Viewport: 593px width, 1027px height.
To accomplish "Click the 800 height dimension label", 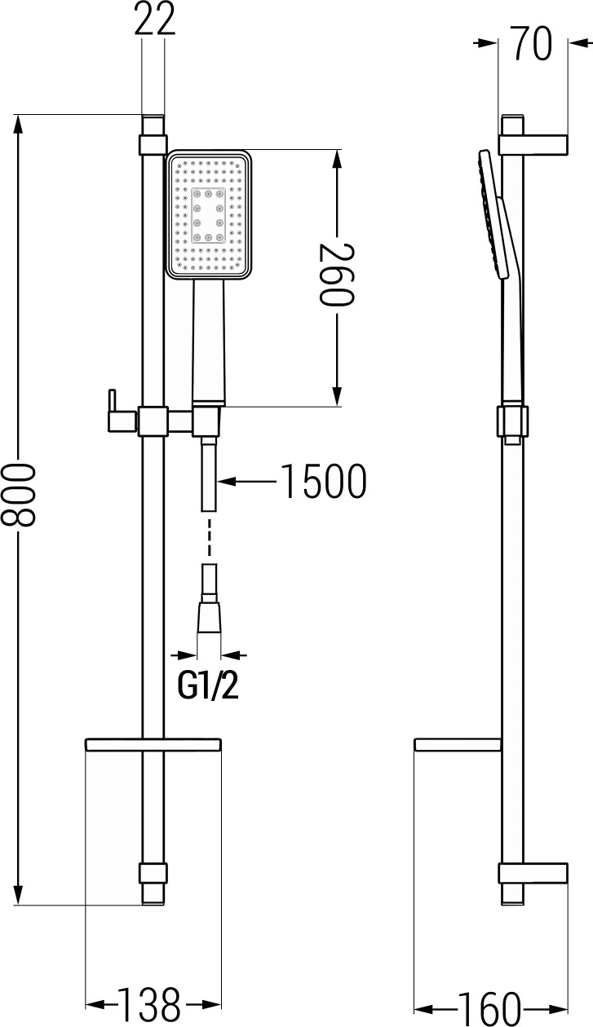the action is pos(20,508).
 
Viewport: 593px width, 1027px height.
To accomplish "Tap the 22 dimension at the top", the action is pos(155,20).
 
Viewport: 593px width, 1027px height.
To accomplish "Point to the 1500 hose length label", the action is pos(323,482).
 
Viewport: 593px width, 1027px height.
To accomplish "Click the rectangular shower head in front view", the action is pos(208,214).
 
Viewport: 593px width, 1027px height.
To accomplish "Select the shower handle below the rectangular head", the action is pos(208,342).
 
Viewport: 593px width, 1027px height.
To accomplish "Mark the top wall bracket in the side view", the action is pos(534,143).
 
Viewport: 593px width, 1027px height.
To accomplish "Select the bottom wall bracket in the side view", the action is pos(534,872).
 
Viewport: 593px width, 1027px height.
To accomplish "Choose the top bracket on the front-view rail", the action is pos(153,145).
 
